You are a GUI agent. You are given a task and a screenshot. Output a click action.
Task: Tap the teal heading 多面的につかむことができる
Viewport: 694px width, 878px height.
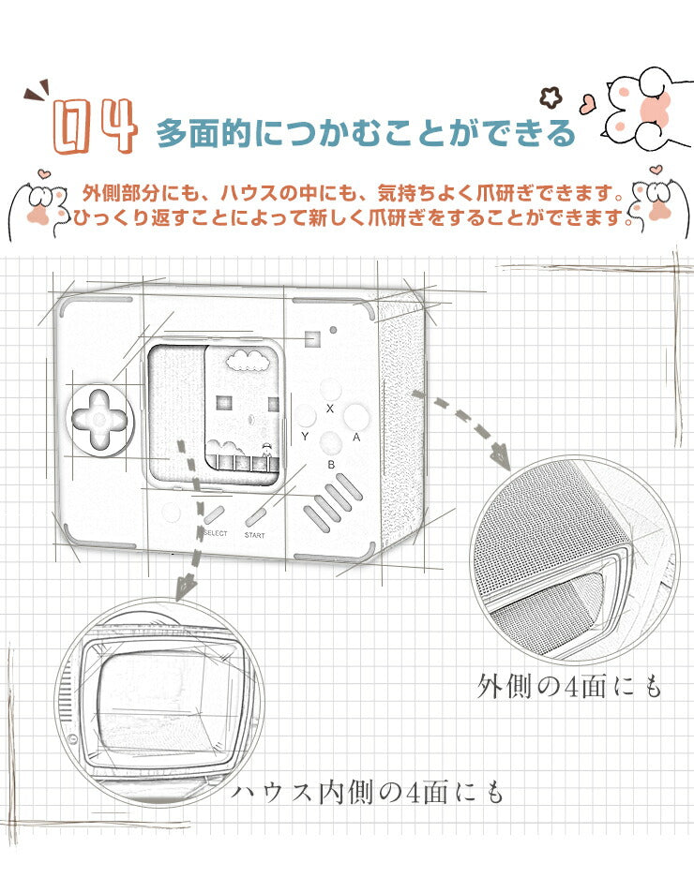coord(365,133)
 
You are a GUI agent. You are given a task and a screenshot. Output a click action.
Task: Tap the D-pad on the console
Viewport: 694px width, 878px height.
coord(99,424)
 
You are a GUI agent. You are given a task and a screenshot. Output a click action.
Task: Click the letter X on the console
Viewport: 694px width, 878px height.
coord(329,409)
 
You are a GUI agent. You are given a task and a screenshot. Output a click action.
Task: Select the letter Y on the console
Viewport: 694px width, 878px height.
coord(305,437)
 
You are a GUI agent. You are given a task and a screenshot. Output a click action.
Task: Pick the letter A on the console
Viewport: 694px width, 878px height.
coord(355,437)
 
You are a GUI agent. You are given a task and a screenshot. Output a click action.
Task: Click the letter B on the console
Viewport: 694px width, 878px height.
coord(330,464)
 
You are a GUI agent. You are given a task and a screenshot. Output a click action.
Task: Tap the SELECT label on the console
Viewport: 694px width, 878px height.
coord(215,534)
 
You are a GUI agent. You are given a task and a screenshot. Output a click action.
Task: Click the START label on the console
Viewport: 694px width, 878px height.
coord(254,535)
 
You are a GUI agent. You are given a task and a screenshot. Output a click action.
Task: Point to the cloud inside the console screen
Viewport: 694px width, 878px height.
coord(246,359)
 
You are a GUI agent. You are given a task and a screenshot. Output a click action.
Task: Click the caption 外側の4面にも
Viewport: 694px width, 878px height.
coord(569,687)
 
